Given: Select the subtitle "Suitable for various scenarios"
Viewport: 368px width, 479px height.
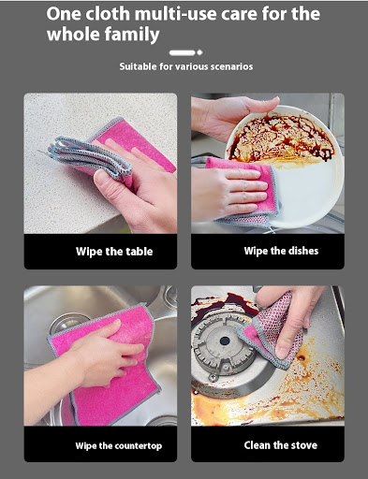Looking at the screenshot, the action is click(x=186, y=66).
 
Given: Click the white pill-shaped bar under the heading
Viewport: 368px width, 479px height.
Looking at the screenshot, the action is click(x=183, y=52).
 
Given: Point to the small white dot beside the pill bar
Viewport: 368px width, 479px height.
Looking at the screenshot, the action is click(x=199, y=52).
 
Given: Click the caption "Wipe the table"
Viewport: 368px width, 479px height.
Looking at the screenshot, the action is click(x=114, y=252).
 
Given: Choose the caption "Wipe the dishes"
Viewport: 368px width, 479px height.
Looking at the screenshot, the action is click(x=281, y=251).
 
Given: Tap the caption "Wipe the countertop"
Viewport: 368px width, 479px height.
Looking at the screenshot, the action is click(x=119, y=445).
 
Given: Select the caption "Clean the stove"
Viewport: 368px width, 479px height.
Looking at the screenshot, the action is click(x=281, y=445).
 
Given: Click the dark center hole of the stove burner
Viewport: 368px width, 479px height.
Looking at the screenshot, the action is click(x=225, y=341).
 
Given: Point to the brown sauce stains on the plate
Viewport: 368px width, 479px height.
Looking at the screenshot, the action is click(x=280, y=138).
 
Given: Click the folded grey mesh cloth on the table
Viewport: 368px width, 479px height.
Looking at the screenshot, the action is click(x=90, y=157).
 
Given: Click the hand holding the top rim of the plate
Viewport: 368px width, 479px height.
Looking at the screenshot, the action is click(x=237, y=115).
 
